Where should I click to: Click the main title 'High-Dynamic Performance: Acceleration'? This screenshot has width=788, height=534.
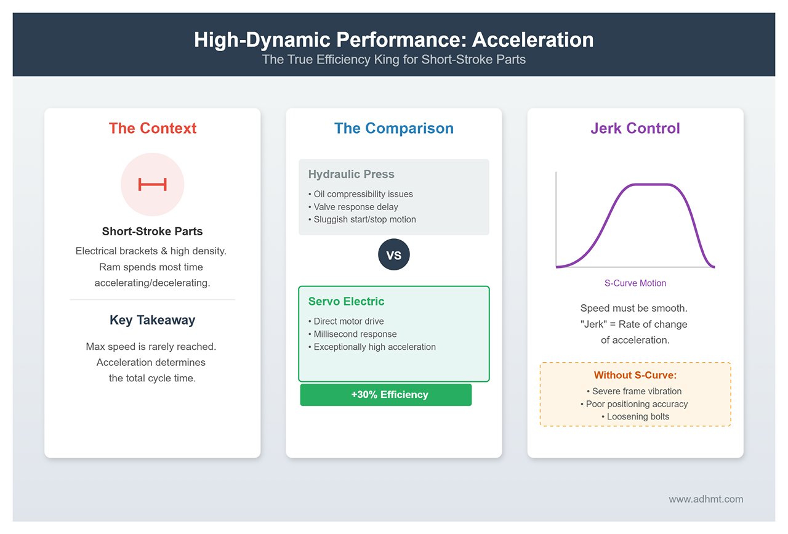click(x=393, y=39)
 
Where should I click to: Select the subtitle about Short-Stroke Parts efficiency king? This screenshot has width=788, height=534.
click(x=393, y=60)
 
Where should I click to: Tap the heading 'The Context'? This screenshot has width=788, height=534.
click(x=152, y=128)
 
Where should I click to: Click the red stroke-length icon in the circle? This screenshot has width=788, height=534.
click(x=152, y=184)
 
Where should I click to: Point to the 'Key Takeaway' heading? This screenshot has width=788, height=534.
click(x=152, y=320)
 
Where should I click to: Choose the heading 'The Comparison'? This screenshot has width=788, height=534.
click(x=393, y=128)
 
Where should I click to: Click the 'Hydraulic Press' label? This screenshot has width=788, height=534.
click(x=351, y=174)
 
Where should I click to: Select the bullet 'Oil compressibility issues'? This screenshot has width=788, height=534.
click(x=361, y=194)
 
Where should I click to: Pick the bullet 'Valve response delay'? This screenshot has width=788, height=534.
click(x=353, y=206)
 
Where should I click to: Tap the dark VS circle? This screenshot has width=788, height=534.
click(x=393, y=254)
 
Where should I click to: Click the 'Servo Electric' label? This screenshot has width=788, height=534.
click(x=346, y=301)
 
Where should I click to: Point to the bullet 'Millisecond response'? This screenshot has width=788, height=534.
click(x=353, y=334)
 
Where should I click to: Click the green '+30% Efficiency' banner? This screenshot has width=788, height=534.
click(x=386, y=395)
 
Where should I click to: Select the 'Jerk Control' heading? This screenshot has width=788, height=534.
click(x=635, y=128)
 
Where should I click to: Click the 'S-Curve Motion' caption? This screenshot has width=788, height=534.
click(x=635, y=283)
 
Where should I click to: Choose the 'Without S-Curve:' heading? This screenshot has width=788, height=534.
click(x=635, y=375)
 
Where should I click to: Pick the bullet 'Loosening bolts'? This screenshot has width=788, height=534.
click(x=635, y=416)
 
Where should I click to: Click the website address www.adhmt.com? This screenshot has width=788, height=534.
click(x=706, y=499)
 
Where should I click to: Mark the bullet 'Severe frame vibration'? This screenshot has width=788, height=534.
click(x=634, y=391)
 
